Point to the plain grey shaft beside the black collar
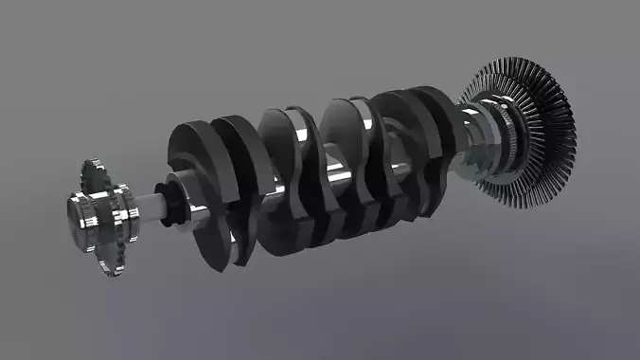point(151,204)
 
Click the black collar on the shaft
point(172,201)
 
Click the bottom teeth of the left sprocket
point(112,269)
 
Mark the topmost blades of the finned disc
point(516,64)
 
